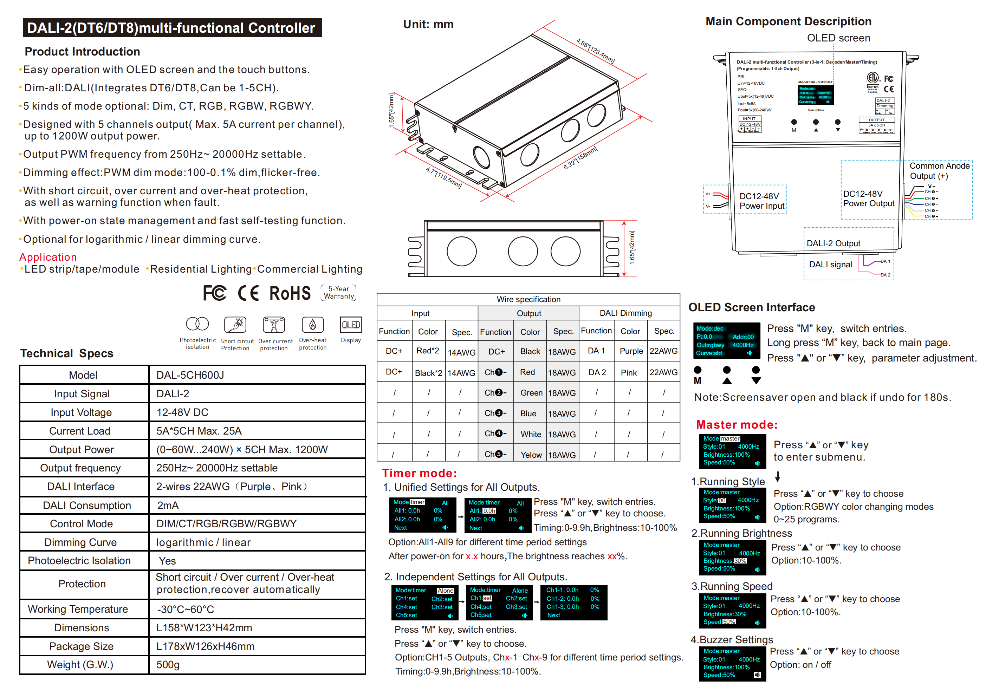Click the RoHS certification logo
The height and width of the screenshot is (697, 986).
click(x=290, y=294)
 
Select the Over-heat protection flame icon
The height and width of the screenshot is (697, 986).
click(x=313, y=325)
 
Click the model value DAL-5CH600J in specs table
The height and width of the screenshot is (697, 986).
click(x=190, y=375)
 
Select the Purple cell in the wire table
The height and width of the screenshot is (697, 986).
click(x=631, y=351)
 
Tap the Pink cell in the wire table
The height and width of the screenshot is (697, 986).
click(x=629, y=372)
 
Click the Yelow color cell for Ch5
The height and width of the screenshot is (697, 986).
click(x=531, y=455)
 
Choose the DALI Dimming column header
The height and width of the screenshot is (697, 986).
click(x=626, y=313)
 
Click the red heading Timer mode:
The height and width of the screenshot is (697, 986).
click(x=419, y=473)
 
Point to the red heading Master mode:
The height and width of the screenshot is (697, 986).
click(x=737, y=424)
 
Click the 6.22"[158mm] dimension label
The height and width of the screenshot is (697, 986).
click(x=580, y=158)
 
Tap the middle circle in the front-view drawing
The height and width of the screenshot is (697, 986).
click(x=523, y=252)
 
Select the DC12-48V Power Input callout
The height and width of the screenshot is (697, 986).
click(x=761, y=201)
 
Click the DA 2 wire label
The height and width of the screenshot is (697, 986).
click(x=886, y=275)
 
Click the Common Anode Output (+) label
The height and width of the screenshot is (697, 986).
click(x=939, y=170)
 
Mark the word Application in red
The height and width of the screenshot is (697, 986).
click(x=48, y=257)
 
